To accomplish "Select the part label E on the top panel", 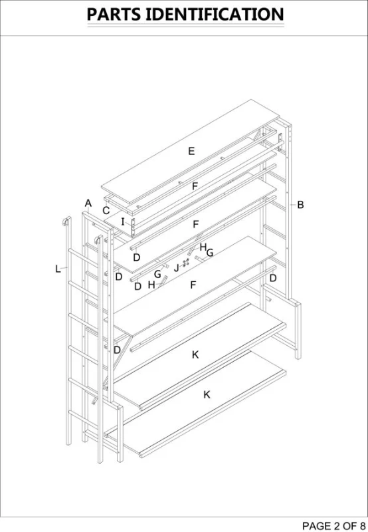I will pyautogui.click(x=191, y=152).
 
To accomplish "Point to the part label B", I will pyautogui.click(x=300, y=205).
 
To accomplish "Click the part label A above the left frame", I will pyautogui.click(x=88, y=203).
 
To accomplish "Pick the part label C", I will pyautogui.click(x=106, y=211).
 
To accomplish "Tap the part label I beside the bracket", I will pyautogui.click(x=123, y=221).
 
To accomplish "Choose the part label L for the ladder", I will pyautogui.click(x=58, y=269).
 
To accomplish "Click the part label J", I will pyautogui.click(x=177, y=269).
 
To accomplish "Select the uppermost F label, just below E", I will pyautogui.click(x=195, y=187).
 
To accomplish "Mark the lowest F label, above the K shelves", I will pyautogui.click(x=193, y=285).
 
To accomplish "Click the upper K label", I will pyautogui.click(x=195, y=355).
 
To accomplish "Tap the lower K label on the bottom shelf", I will pyautogui.click(x=207, y=394).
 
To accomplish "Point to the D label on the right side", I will pyautogui.click(x=272, y=278).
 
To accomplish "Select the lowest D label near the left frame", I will pyautogui.click(x=117, y=350).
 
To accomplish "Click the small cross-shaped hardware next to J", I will pyautogui.click(x=186, y=264).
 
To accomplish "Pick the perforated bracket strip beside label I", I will pyautogui.click(x=134, y=227).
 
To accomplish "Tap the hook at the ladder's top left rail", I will pyautogui.click(x=66, y=221).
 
